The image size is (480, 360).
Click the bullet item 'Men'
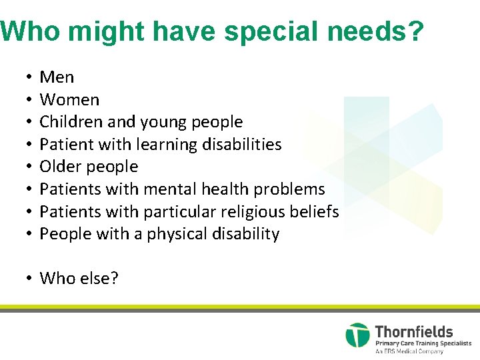(x=57, y=77)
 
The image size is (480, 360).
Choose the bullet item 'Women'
(x=69, y=100)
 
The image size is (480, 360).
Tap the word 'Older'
(x=59, y=167)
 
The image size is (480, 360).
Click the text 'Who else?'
(x=79, y=278)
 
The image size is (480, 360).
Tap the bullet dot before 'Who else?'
(x=31, y=279)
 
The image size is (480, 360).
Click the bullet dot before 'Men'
(x=31, y=78)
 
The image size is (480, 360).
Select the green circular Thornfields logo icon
(x=357, y=335)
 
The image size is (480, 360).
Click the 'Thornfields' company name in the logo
(x=414, y=331)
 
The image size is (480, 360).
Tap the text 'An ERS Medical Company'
(x=409, y=351)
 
